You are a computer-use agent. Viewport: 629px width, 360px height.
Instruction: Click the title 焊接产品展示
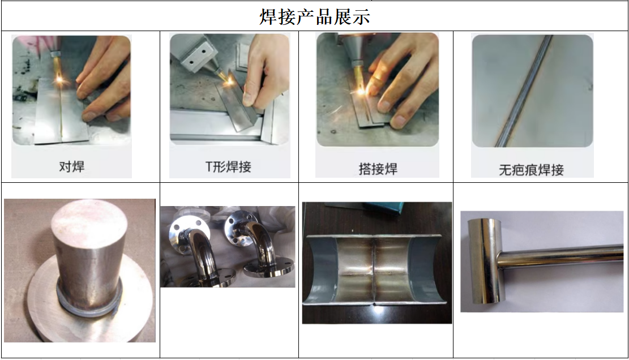(315, 17)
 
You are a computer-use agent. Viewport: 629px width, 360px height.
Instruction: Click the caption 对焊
(72, 166)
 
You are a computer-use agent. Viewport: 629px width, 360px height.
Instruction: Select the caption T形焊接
(228, 166)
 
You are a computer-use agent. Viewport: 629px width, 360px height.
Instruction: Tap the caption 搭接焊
(378, 169)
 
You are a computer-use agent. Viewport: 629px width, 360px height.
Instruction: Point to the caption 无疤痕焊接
(531, 170)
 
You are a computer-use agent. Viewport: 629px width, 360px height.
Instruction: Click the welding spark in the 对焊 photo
(60, 79)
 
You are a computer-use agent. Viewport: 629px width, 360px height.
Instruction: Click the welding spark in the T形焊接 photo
(230, 81)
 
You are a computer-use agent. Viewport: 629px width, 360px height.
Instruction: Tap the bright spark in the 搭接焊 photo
(361, 92)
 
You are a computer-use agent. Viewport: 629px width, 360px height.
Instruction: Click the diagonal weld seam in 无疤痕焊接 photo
(524, 91)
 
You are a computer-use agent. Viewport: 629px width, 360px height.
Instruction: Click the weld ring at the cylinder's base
(89, 305)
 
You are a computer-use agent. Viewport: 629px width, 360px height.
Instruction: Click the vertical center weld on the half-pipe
(374, 269)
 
